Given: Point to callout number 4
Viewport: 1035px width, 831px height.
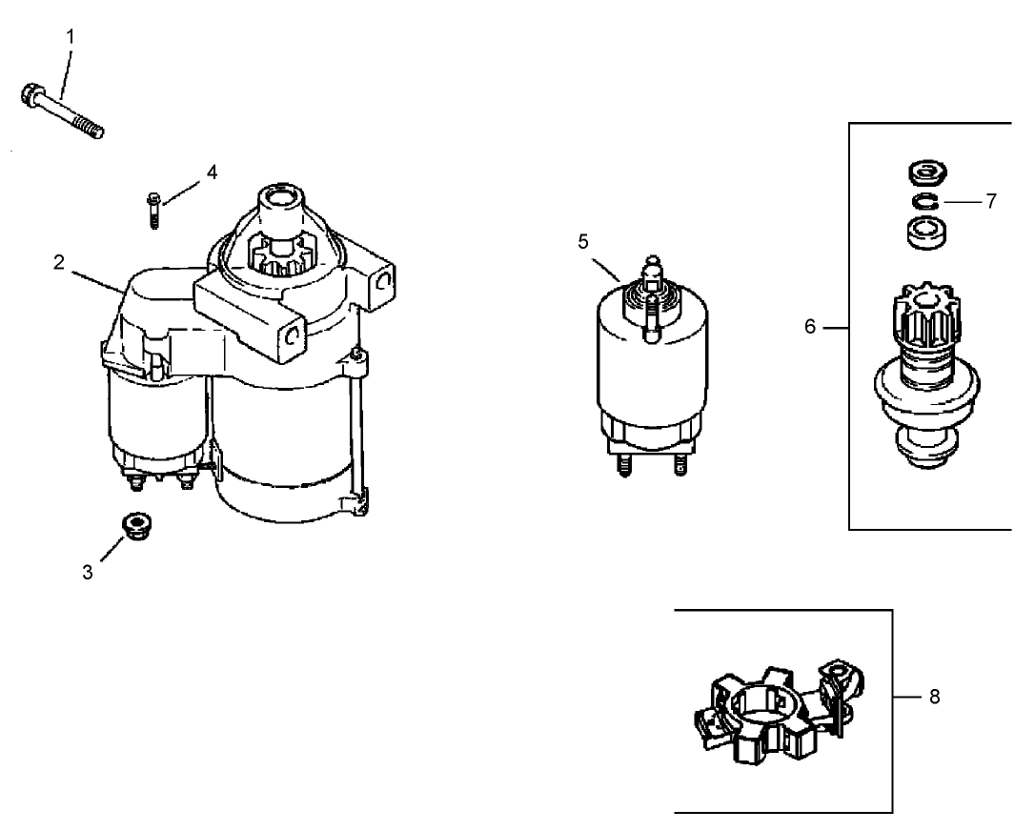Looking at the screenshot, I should click(212, 172).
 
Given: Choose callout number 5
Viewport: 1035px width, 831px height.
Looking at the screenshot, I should click(583, 241).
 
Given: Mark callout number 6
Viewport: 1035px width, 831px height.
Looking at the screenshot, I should click(810, 327).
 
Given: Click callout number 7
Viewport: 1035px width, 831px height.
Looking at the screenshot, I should click(991, 202).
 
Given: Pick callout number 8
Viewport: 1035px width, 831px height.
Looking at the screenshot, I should click(934, 697).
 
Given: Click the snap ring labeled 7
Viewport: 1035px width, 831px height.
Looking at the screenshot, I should click(923, 202).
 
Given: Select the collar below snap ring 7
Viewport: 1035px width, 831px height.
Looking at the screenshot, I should click(923, 233).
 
